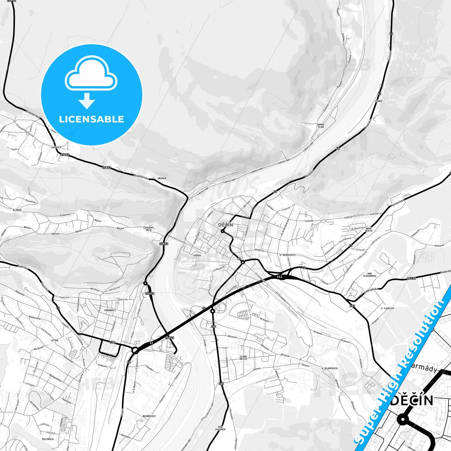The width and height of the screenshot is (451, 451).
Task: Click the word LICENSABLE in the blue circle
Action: (x=91, y=119)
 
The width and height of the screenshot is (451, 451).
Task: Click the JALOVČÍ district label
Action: (x=56, y=147)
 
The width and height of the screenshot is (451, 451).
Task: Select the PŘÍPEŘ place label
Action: (x=162, y=178)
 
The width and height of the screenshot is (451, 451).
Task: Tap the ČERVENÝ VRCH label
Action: (x=149, y=229)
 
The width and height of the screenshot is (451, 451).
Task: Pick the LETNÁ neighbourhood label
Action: (x=55, y=340)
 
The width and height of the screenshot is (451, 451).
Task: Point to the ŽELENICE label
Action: (x=48, y=439)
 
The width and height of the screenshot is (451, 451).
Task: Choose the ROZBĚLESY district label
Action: (x=149, y=416)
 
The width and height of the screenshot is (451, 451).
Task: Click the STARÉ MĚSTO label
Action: (x=243, y=358)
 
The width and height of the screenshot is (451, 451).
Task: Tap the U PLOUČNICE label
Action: (x=330, y=368)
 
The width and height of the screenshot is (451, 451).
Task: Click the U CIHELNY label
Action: (x=387, y=308)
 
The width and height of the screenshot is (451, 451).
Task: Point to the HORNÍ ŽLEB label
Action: (x=321, y=125)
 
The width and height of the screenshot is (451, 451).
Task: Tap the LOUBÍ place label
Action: (x=379, y=101)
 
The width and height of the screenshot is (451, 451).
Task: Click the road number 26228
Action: (x=412, y=278)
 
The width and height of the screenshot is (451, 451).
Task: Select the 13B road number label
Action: (x=112, y=342)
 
